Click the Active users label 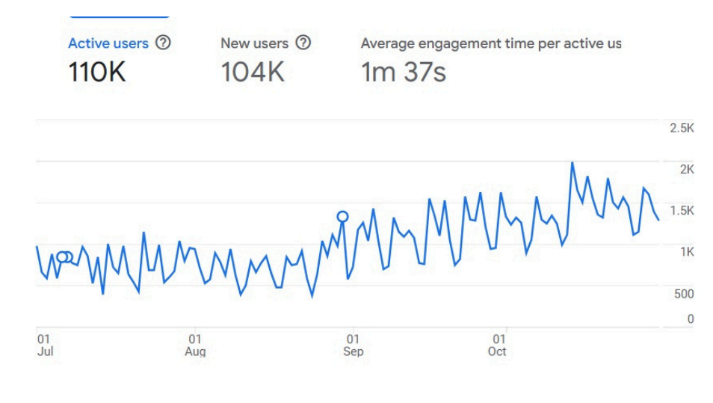click(108, 43)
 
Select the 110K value click(97, 73)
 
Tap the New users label click(254, 43)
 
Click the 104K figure click(253, 73)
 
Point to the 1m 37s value click(404, 73)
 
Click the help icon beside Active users click(163, 43)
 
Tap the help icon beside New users click(303, 43)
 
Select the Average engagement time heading click(490, 43)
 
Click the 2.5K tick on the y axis click(682, 129)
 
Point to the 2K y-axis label click(687, 170)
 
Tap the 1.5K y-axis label click(682, 211)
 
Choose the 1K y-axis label click(687, 252)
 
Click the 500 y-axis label click(684, 294)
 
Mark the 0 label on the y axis click(691, 319)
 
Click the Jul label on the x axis click(45, 351)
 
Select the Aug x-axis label click(195, 351)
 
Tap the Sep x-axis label click(354, 351)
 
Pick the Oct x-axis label click(497, 351)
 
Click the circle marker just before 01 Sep click(342, 217)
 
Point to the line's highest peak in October click(572, 163)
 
